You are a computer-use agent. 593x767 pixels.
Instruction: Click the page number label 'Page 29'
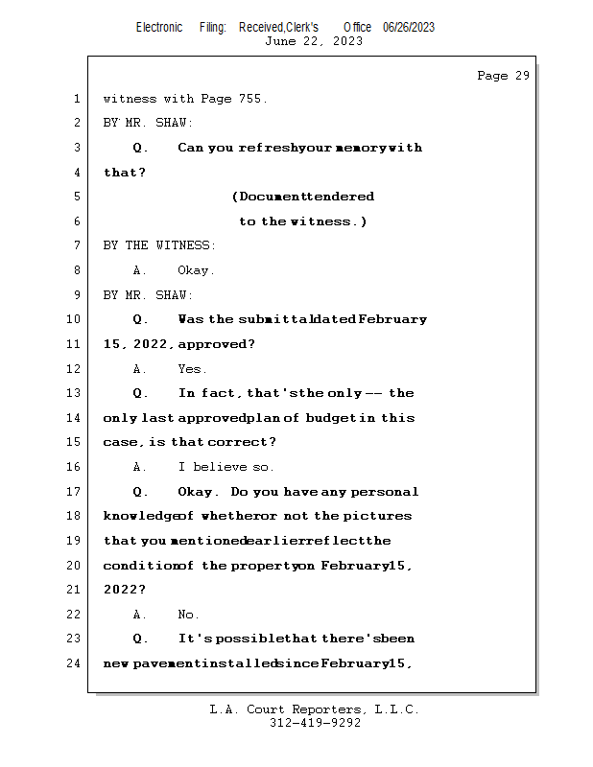pos(503,76)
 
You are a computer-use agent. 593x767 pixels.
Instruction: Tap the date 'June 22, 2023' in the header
pos(314,41)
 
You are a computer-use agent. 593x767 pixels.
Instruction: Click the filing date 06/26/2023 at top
pos(408,27)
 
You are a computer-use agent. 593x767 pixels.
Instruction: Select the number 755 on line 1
pos(251,99)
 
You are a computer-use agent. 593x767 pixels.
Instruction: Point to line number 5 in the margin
pos(76,197)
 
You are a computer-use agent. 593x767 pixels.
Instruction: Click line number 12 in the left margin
pos(74,369)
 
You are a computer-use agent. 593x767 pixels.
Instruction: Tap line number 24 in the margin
pos(74,662)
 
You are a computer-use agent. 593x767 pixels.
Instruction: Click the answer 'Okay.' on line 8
pos(196,270)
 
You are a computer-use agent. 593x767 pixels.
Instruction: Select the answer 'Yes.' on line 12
pos(192,369)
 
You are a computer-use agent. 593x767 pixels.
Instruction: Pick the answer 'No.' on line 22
pos(188,615)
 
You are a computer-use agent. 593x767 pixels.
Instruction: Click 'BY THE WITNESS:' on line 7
pos(159,245)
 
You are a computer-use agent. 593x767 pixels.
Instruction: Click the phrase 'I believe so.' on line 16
pos(225,467)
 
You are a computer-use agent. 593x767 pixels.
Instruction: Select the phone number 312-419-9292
pos(315,723)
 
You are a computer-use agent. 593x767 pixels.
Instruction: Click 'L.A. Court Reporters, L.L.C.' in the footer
pos(315,709)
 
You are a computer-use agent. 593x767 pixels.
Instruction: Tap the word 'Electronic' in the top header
pos(159,27)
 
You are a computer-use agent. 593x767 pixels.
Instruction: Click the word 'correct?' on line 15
pos(247,442)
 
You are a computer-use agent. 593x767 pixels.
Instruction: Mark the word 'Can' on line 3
pos(191,148)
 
